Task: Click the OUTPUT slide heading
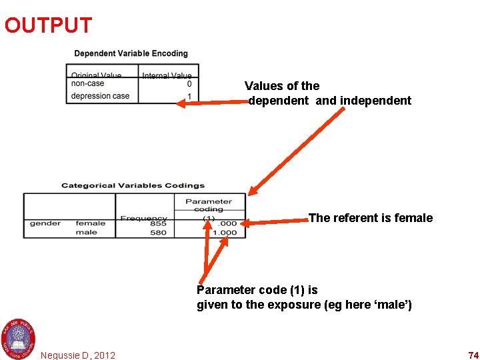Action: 48,25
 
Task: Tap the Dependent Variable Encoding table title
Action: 131,53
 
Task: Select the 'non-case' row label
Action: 87,84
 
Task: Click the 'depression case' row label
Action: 100,96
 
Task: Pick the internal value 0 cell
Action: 189,84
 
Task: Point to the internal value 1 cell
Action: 189,96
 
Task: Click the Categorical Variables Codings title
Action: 133,185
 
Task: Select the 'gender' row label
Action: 45,223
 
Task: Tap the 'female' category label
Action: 91,223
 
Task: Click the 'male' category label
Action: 87,233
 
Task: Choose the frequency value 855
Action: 159,223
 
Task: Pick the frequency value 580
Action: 159,233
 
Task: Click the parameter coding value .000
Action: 228,223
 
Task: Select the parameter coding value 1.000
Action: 224,233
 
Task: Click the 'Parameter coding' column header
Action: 209,205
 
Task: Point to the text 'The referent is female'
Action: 371,218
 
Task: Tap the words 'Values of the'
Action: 282,86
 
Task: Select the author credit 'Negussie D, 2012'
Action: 78,355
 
